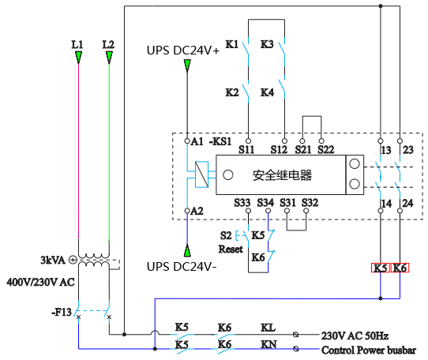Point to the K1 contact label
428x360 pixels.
pyautogui.click(x=232, y=45)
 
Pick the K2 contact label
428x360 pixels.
pyautogui.click(x=232, y=92)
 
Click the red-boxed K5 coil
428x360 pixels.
pyautogui.click(x=381, y=268)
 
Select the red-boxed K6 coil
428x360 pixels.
pyautogui.click(x=400, y=268)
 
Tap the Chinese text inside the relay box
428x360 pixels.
pyautogui.click(x=282, y=175)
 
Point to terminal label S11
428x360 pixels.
pyautogui.click(x=246, y=149)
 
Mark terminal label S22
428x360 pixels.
pyautogui.click(x=325, y=149)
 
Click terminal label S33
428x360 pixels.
pyautogui.click(x=243, y=203)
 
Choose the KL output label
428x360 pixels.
pyautogui.click(x=268, y=327)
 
